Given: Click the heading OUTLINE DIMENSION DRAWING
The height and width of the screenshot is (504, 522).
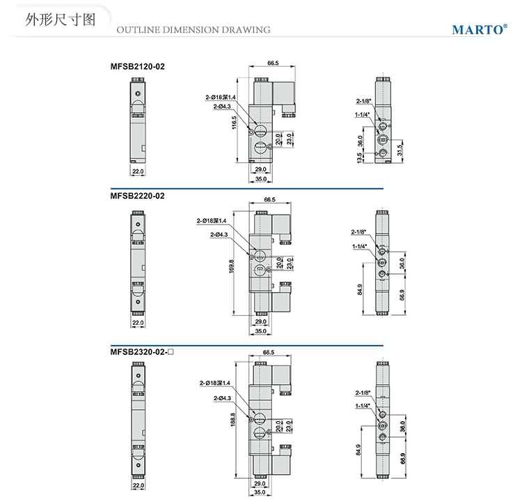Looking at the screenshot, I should coord(193,30).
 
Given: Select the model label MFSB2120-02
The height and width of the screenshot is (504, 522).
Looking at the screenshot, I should coord(137,67).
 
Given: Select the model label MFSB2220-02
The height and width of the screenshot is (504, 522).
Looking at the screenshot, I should coord(137,196).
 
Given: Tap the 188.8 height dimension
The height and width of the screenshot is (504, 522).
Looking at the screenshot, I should coord(232,418).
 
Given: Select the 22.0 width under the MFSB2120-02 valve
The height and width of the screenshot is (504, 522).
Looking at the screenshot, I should coord(138,170).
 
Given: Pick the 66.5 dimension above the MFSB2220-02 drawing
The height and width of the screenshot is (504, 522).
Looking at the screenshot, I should coord(270,199).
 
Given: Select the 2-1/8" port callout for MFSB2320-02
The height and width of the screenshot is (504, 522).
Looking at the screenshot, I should coord(362,392).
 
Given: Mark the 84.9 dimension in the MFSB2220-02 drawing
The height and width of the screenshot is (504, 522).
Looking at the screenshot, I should coord(360,289).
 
